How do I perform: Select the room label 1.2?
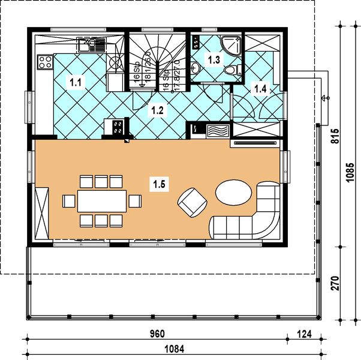[157, 110]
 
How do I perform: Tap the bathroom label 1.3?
[213, 59]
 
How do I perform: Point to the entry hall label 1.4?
[261, 89]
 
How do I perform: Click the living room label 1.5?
[160, 184]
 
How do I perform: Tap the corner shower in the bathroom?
[231, 44]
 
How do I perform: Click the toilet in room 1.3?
[228, 71]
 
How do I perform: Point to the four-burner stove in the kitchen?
[44, 61]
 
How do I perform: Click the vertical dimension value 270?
[335, 283]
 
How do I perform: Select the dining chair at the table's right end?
[136, 201]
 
